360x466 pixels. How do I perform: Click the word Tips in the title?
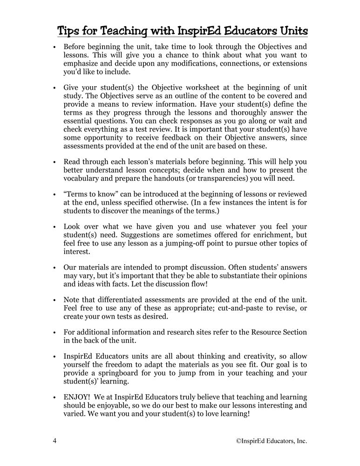tap(69, 31)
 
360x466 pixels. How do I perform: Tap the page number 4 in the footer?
tap(54, 440)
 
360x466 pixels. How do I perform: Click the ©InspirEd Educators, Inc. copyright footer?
tap(272, 440)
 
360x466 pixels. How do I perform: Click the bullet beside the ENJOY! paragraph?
tap(55, 397)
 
